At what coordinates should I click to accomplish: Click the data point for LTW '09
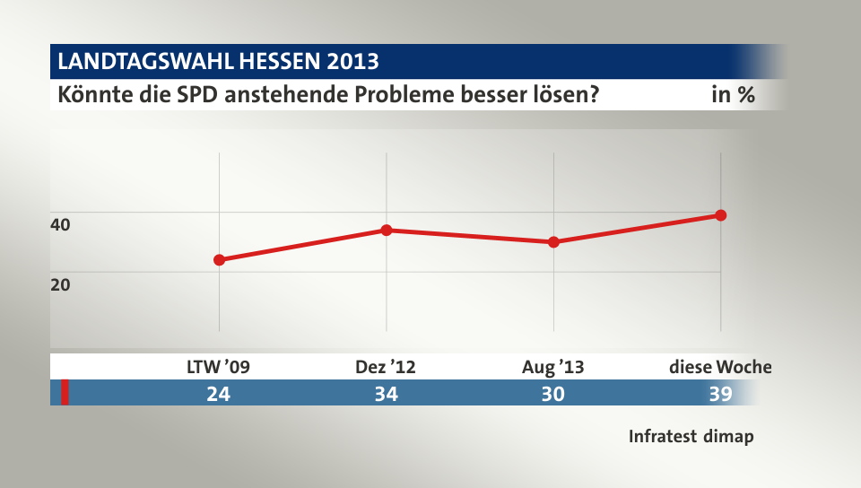[x=219, y=260]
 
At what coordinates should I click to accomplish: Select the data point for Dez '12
[x=387, y=230]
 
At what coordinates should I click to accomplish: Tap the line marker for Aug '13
[x=554, y=242]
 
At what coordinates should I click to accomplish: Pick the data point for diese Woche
[x=721, y=215]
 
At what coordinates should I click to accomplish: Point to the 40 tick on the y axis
[x=60, y=225]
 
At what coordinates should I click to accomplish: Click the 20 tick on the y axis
[x=60, y=284]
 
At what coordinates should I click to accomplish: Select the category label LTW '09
[x=218, y=366]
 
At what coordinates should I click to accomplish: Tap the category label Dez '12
[x=386, y=366]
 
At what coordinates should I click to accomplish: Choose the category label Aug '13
[x=553, y=366]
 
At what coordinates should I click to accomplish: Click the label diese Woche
[x=720, y=366]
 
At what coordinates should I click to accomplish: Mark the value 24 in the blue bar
[x=218, y=393]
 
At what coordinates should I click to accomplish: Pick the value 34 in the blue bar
[x=386, y=393]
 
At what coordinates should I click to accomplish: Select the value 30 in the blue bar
[x=553, y=393]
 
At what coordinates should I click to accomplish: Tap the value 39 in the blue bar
[x=720, y=393]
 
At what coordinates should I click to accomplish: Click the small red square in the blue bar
[x=65, y=393]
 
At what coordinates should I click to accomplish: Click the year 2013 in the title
[x=352, y=62]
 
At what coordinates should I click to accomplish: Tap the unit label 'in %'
[x=733, y=94]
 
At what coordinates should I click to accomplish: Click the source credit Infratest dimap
[x=691, y=437]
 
